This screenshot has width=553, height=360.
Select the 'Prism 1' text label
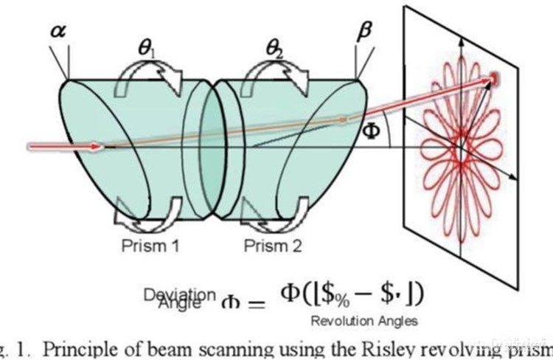[150, 246]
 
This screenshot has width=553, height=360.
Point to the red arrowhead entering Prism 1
[94, 147]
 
